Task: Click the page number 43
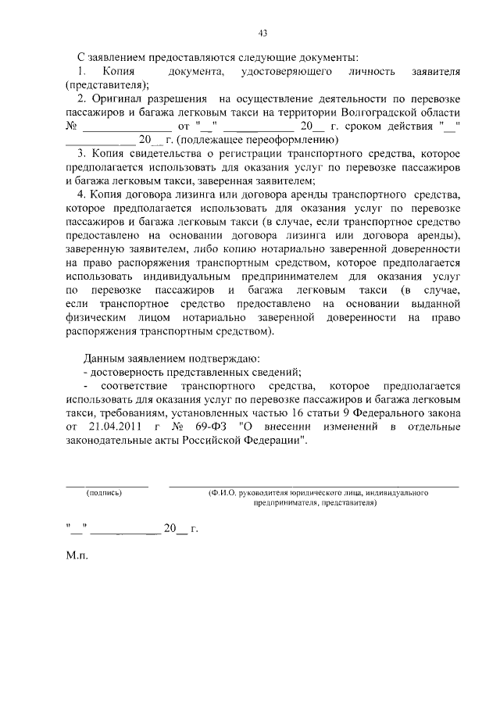[x=262, y=33]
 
